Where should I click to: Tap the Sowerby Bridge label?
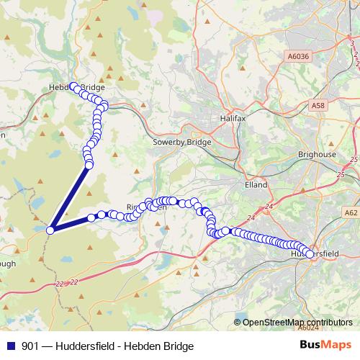[x=182, y=143]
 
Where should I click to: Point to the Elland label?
[x=256, y=184]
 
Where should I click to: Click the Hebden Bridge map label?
[x=76, y=88]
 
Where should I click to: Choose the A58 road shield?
[x=319, y=106]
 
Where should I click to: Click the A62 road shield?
[x=351, y=213]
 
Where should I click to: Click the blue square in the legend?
[x=10, y=346]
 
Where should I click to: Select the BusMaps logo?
[x=326, y=346]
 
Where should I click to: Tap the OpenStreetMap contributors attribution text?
[x=296, y=323]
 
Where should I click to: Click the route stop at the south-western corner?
[x=50, y=230]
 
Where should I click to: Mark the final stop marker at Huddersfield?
[x=310, y=254]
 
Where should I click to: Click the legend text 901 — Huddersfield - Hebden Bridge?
[x=108, y=346]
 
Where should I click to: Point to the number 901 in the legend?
[x=31, y=346]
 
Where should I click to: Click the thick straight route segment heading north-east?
[x=70, y=197]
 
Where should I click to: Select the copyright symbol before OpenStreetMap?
[x=238, y=323]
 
